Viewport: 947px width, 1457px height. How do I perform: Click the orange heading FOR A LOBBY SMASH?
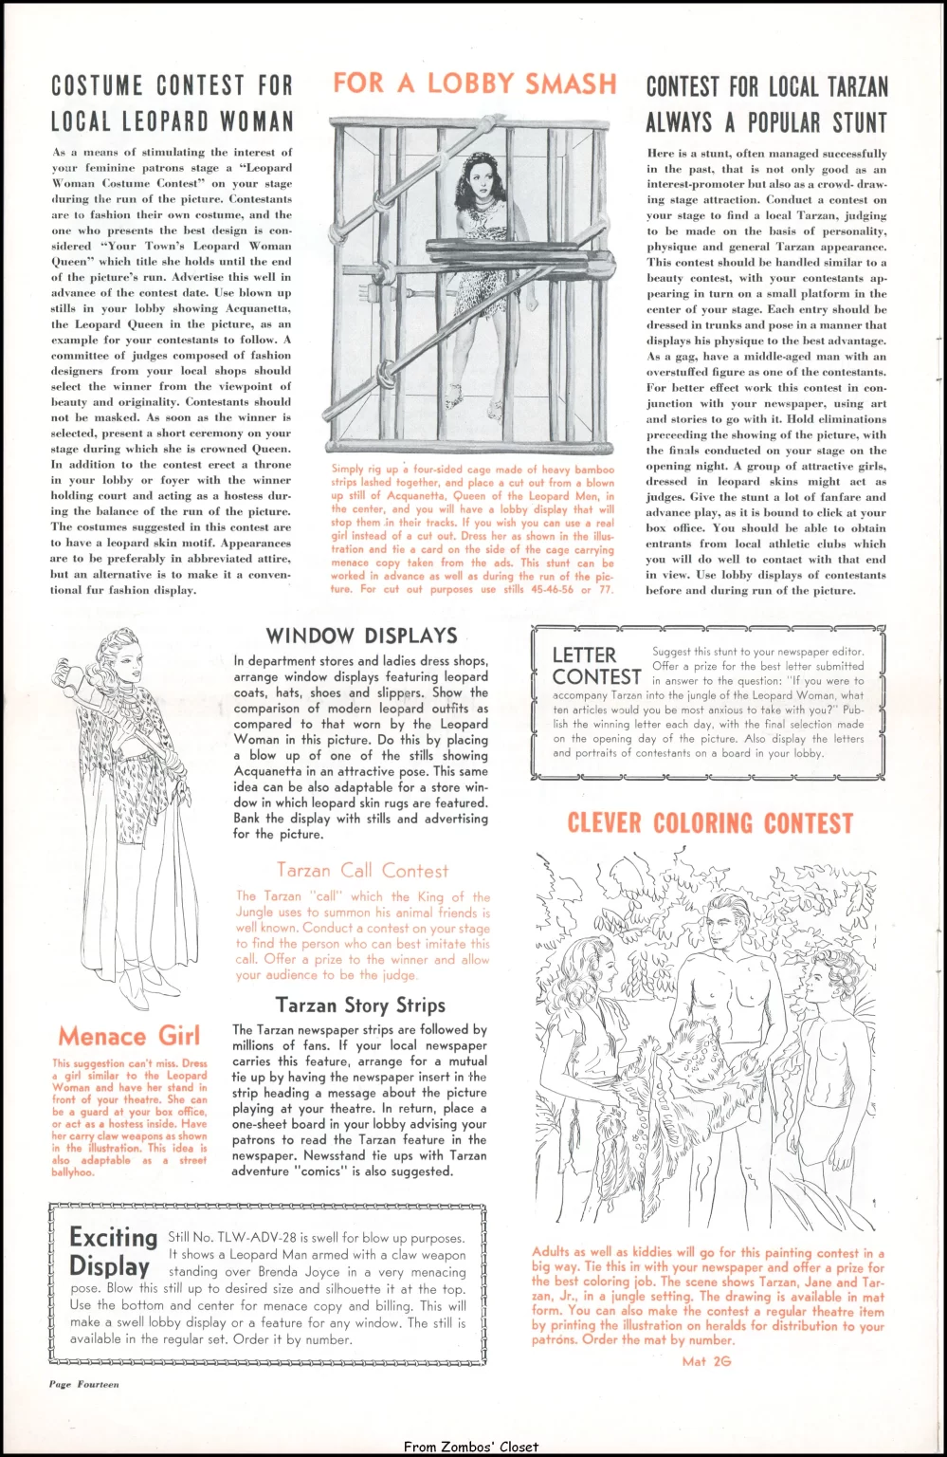coord(474,83)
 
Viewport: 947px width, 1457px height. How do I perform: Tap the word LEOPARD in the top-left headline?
coord(163,121)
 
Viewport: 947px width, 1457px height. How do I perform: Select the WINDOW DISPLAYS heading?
coord(361,636)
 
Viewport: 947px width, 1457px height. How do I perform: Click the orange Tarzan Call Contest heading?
coord(362,870)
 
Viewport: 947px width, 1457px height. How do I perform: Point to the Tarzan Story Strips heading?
coord(360,1005)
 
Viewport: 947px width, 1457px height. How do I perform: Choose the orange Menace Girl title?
coord(129,1036)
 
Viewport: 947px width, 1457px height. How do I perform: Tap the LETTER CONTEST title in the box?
coord(596,666)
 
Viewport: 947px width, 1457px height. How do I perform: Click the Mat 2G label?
coord(706,1361)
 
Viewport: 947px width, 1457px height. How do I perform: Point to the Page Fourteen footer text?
coord(84,1384)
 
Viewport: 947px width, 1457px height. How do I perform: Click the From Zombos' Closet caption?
coord(470,1447)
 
